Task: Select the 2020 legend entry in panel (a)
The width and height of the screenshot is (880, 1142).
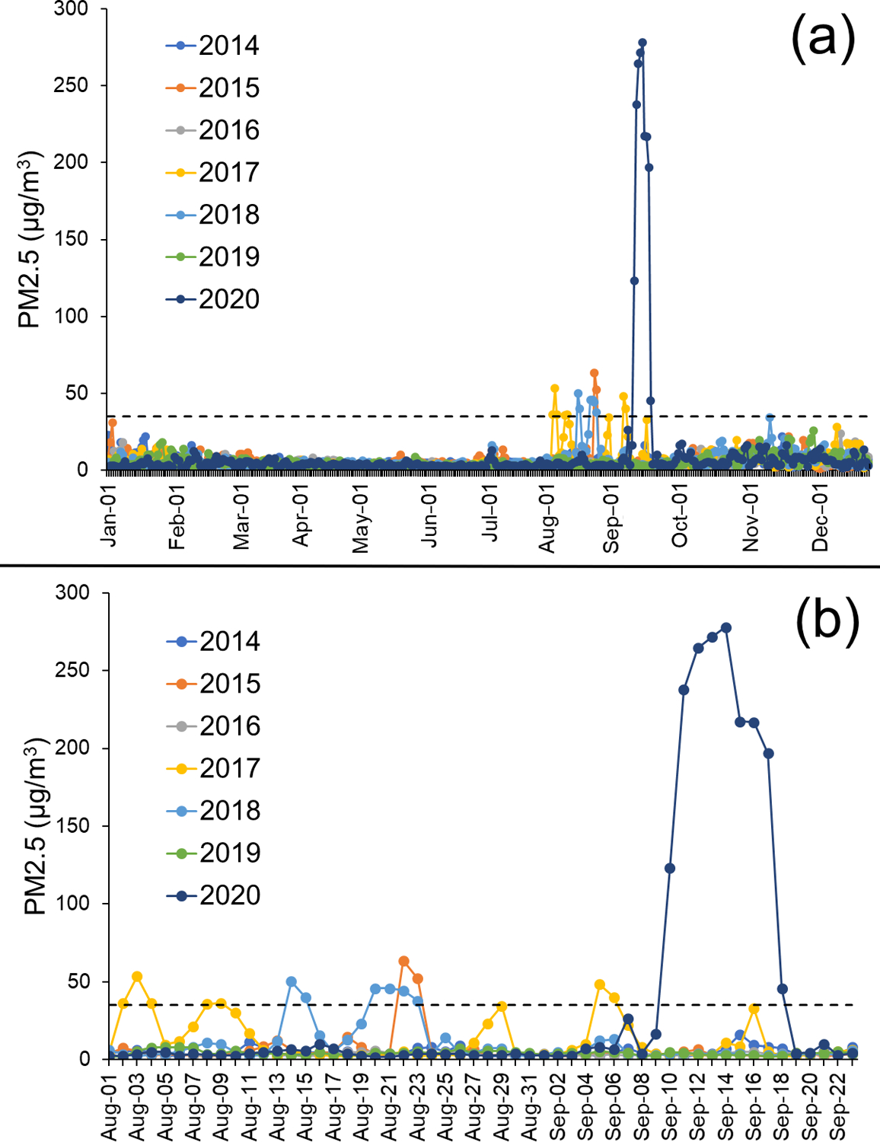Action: (x=213, y=299)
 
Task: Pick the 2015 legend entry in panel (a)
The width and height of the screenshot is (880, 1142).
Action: (x=213, y=88)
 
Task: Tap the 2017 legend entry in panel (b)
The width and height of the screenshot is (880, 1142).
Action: (x=214, y=768)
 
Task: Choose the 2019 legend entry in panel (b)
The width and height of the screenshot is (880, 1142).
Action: (x=214, y=853)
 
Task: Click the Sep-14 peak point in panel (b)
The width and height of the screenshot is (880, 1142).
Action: (x=726, y=627)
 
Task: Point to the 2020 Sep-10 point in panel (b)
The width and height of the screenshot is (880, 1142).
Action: (x=670, y=868)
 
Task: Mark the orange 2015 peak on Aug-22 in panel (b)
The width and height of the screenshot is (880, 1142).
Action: (x=404, y=962)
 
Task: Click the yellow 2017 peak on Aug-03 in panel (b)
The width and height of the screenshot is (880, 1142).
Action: (x=137, y=976)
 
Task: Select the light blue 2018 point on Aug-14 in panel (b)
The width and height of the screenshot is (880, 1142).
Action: (x=292, y=981)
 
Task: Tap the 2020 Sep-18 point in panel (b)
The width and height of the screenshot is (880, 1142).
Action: (x=783, y=989)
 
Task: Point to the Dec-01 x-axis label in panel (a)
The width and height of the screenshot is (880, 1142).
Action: (x=820, y=518)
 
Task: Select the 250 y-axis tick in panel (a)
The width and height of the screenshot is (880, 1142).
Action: (x=71, y=85)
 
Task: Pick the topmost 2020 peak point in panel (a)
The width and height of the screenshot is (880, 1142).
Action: (x=642, y=43)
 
